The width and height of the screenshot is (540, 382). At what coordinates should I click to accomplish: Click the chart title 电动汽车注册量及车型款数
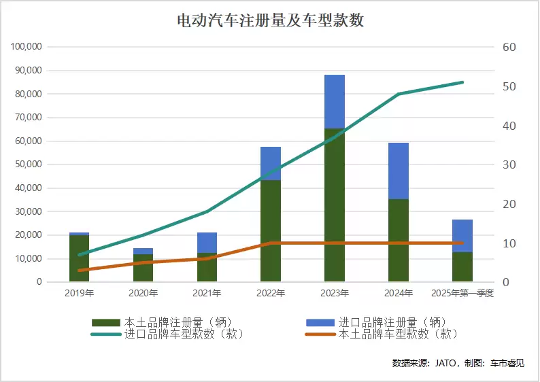[270, 21]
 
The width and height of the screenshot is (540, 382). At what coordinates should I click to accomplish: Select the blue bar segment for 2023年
[335, 101]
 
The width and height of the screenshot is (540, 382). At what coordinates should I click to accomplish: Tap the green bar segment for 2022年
[271, 230]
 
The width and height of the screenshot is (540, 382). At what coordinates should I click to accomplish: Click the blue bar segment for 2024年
[399, 171]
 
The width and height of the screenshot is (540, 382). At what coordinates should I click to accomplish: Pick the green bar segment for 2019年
[80, 258]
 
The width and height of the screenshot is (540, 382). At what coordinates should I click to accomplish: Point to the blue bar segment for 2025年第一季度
[462, 235]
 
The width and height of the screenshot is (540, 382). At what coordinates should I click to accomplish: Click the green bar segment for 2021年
[207, 267]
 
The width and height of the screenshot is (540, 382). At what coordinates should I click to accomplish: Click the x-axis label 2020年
[143, 294]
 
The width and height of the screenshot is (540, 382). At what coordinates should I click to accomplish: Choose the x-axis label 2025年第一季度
[462, 294]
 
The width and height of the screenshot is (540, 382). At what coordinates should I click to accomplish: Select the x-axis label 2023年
[335, 294]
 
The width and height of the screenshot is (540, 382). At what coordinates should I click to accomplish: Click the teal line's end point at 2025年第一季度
[462, 82]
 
